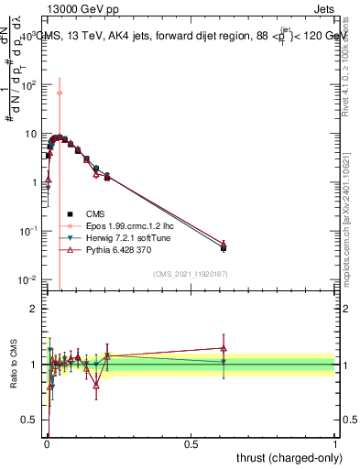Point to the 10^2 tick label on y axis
tap(30, 84)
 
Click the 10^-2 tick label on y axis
tap(28, 279)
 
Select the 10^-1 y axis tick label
tap(28, 231)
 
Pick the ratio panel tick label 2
tap(34, 309)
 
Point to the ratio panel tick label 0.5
tap(29, 420)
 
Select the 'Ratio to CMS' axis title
tap(14, 365)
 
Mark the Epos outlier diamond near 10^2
tap(60, 93)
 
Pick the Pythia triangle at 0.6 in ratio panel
tap(224, 348)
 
